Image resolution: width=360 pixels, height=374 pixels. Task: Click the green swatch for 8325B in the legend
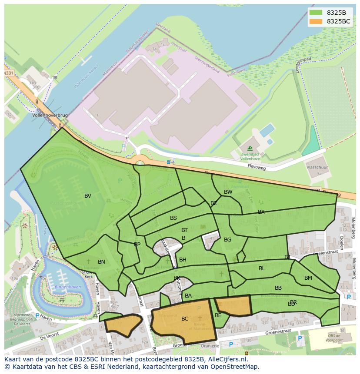(x=316, y=13)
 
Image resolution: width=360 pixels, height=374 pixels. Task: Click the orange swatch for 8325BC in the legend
(x=316, y=21)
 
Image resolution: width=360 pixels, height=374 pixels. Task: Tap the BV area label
(x=88, y=196)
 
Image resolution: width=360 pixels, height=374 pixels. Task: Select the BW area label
(x=228, y=192)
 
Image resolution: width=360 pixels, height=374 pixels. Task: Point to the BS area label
(x=173, y=218)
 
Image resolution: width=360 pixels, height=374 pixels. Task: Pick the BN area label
(x=101, y=262)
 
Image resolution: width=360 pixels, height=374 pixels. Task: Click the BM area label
(x=308, y=278)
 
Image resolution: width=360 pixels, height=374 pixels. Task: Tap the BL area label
(x=262, y=268)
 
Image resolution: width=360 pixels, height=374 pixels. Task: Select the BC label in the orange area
(x=185, y=319)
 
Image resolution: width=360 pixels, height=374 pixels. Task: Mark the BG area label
(x=227, y=240)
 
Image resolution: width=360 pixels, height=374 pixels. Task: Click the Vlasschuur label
(x=317, y=167)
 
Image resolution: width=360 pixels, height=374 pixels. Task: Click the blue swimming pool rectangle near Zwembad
(x=267, y=130)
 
